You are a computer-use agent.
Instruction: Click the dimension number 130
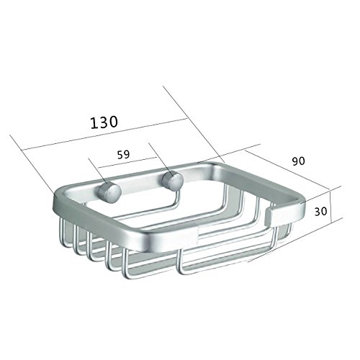[104, 122]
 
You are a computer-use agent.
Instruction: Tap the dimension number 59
[123, 155]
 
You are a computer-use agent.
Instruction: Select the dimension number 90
[298, 161]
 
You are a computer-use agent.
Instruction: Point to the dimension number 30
[320, 212]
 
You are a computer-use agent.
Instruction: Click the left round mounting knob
[109, 192]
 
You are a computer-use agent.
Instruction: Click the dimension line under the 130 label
[104, 134]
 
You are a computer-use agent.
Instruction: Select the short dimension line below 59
[128, 163]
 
